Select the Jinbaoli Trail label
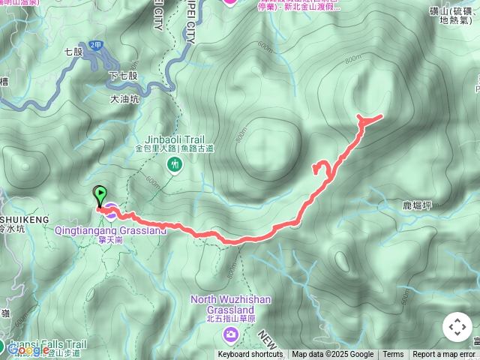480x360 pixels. click(174, 139)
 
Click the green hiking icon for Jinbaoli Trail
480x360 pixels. click(174, 163)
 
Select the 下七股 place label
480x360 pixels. click(123, 76)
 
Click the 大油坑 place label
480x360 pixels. click(125, 97)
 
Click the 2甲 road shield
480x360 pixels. click(95, 45)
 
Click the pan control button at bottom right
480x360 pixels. click(457, 327)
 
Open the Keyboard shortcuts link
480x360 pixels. click(250, 355)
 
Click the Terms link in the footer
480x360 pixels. click(393, 355)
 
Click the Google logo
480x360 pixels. click(28, 349)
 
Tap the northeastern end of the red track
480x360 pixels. click(382, 115)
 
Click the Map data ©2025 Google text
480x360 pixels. click(332, 355)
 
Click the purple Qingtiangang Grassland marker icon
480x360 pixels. click(111, 212)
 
